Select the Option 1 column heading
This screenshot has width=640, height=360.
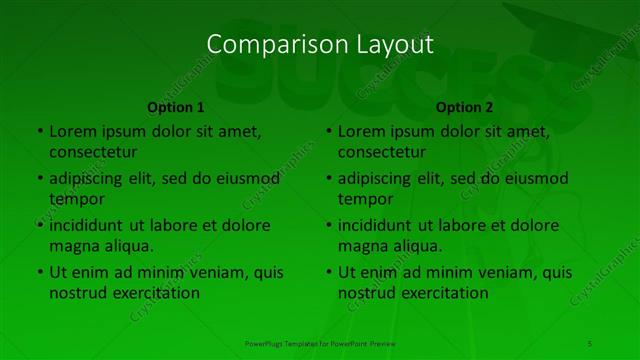click(176, 107)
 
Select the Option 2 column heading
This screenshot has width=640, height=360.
click(465, 107)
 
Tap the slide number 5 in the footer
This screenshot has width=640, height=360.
click(590, 343)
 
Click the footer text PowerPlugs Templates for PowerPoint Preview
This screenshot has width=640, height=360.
click(320, 343)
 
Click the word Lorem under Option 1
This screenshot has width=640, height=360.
click(72, 131)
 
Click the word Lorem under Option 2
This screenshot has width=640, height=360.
click(361, 131)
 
